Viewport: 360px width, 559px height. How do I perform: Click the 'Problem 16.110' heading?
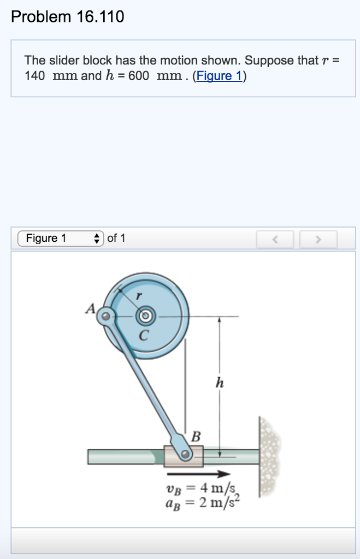(68, 17)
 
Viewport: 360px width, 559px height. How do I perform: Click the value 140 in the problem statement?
(34, 76)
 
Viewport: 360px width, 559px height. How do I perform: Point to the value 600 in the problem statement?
(139, 76)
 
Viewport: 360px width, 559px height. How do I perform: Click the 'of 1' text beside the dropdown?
(116, 239)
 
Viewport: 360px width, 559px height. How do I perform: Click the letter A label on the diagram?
(90, 309)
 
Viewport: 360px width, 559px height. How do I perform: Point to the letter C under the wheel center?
(143, 335)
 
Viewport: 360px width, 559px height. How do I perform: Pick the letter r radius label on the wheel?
(139, 295)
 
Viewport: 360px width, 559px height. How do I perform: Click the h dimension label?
(220, 383)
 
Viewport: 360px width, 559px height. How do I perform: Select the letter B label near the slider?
(196, 437)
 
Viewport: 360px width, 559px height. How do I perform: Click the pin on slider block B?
(186, 454)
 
